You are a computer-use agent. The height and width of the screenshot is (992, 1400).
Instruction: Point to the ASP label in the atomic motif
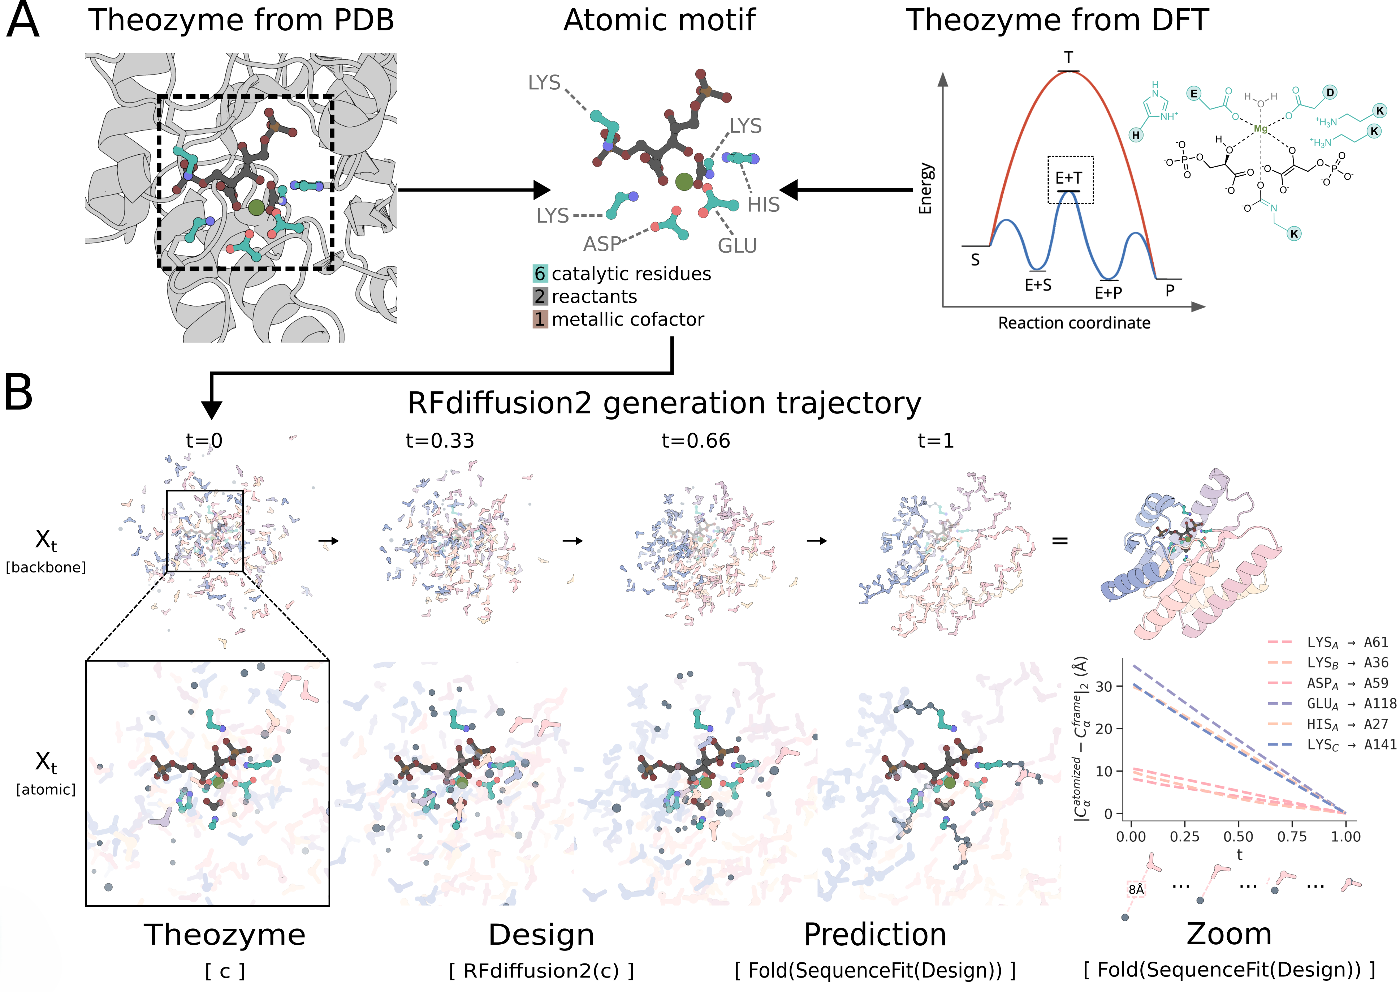tap(601, 244)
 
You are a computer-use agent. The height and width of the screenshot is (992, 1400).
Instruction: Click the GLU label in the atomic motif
tap(737, 245)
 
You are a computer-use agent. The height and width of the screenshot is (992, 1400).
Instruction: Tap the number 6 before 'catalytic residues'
tap(540, 274)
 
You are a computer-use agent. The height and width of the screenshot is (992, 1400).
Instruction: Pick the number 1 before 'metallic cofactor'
tap(540, 319)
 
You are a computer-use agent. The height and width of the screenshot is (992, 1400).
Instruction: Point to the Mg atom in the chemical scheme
tap(1260, 129)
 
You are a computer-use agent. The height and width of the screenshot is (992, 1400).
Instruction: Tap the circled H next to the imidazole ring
tap(1136, 135)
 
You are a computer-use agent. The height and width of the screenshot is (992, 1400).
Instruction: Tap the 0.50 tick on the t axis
tap(1238, 836)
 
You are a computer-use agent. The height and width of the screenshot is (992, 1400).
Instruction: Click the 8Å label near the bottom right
tap(1136, 889)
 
